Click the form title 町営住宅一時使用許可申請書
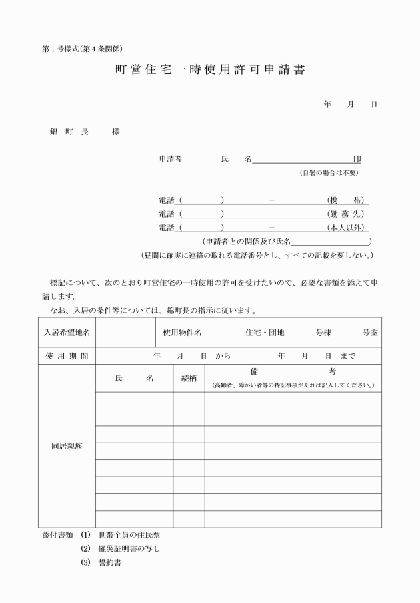click(x=209, y=70)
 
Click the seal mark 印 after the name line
click(x=357, y=159)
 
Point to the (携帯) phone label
click(x=347, y=200)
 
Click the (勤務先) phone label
click(x=347, y=214)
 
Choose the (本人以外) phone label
click(x=347, y=228)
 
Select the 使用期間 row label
click(x=67, y=356)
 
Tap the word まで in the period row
click(x=347, y=356)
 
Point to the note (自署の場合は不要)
click(x=329, y=173)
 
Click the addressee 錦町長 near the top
click(x=69, y=132)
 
